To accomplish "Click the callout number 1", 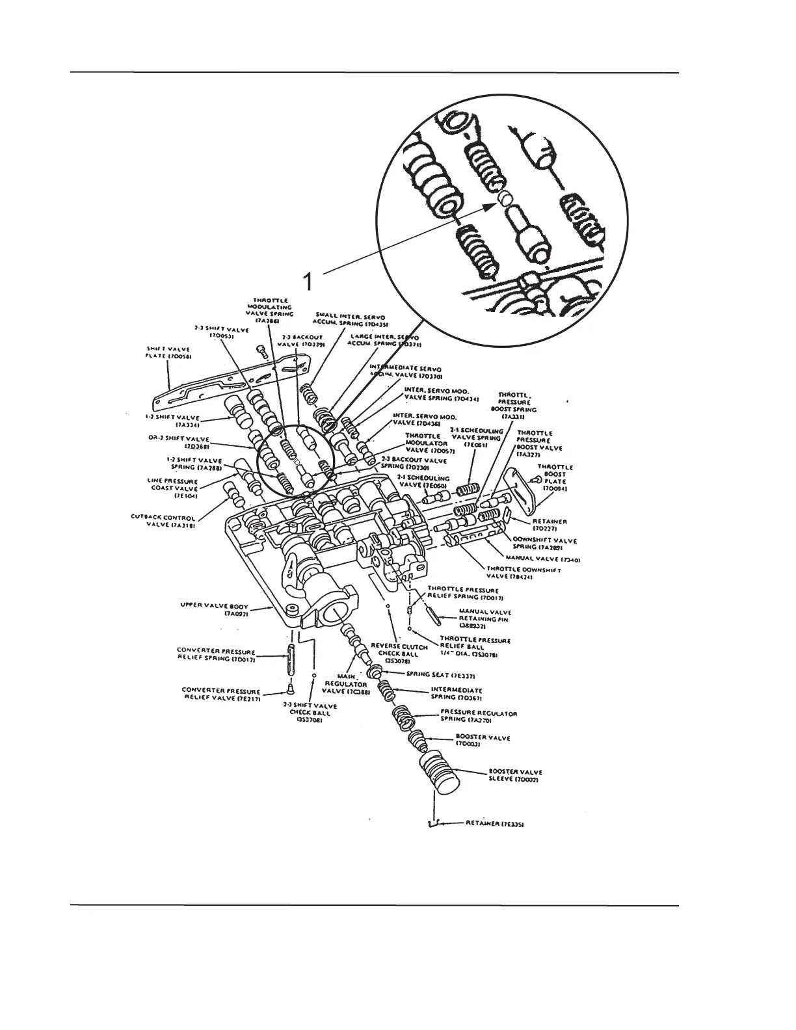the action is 310,282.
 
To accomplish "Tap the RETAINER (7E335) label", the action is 495,824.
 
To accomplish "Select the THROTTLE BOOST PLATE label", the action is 555,477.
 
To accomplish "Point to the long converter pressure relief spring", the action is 288,661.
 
